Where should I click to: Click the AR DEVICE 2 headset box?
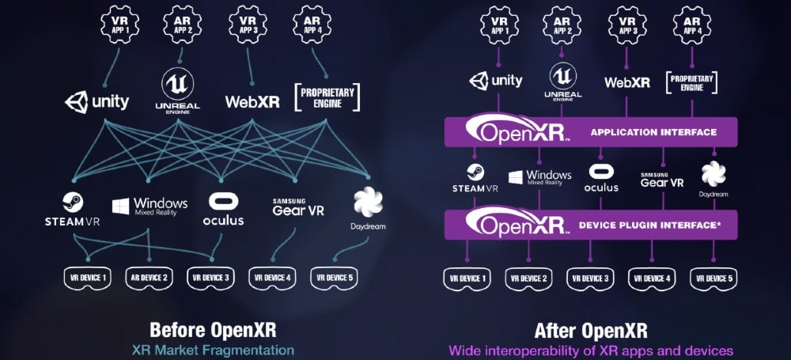click(149, 279)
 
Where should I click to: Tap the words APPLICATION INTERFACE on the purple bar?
click(653, 132)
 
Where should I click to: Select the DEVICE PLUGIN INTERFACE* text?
click(649, 225)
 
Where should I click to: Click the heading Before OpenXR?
click(213, 330)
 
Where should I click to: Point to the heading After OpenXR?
click(591, 331)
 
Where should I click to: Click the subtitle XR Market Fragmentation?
click(213, 350)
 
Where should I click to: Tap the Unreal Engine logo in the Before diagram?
click(177, 91)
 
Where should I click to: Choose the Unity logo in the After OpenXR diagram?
click(496, 81)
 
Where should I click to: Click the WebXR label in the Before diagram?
click(252, 102)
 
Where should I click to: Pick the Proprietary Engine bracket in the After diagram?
click(691, 83)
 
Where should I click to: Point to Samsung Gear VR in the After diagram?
click(662, 180)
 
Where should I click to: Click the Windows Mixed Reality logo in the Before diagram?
click(149, 207)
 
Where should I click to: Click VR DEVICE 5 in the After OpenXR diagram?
click(713, 279)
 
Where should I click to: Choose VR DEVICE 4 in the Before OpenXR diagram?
click(272, 279)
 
